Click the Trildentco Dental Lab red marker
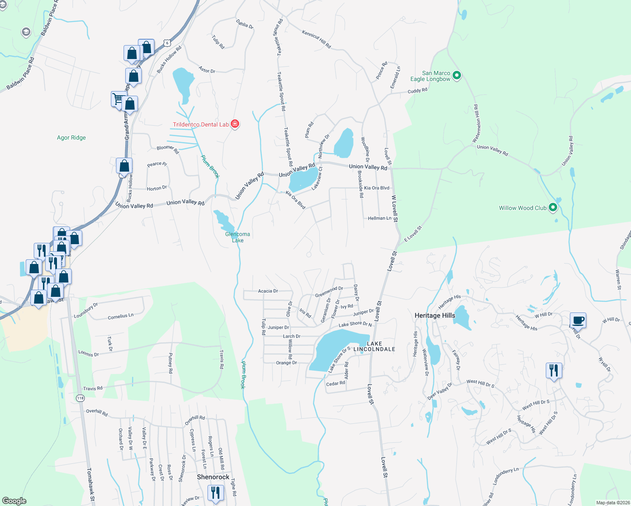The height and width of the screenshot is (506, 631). pos(235,124)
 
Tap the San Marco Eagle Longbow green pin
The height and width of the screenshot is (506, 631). pos(456,76)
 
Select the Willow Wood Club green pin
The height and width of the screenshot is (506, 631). pos(553,207)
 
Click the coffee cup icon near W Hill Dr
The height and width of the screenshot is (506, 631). pos(578,320)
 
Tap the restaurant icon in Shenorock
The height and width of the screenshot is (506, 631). pos(216,492)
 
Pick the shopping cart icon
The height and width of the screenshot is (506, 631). pos(118,99)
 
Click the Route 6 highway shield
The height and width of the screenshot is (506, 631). pos(168,43)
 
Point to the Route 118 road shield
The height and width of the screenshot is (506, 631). pos(80,398)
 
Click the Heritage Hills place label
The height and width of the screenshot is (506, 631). pos(434,315)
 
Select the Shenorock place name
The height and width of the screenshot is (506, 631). pos(213,477)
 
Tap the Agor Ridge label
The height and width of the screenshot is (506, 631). pos(71,137)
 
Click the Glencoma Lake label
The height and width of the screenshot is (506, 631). pos(237,237)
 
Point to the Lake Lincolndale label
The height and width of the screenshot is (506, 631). pos(374,346)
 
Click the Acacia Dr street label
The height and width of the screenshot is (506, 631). pos(268,291)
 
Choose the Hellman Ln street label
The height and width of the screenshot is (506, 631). pos(379,218)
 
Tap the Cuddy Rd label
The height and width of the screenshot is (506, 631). pos(417,91)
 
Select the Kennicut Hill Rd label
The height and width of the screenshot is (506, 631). pos(316,38)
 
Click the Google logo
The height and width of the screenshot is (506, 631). pos(14,501)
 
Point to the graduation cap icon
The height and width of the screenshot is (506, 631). pos(26,32)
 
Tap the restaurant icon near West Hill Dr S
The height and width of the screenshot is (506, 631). pos(553,371)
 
